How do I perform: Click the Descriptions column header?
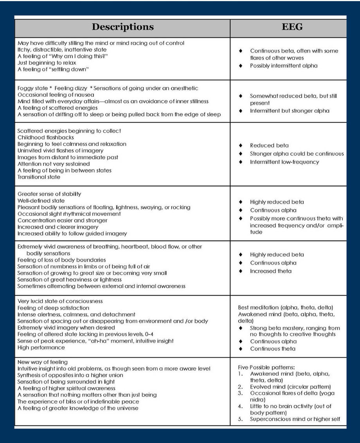coord(122,27)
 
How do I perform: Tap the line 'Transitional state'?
coord(39,177)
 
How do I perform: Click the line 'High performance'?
coord(41,348)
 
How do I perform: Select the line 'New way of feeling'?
coord(43,362)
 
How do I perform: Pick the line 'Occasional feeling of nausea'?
coord(56,95)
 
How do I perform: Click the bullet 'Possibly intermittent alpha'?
coord(284,65)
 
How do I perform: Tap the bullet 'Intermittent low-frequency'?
coord(284,162)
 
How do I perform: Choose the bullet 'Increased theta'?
coord(271,271)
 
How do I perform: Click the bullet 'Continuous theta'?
coord(273,349)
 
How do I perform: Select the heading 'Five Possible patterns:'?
coord(266,367)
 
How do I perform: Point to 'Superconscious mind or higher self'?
coord(295,419)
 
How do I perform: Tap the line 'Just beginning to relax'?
coord(47,63)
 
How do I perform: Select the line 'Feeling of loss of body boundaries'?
coord(62,260)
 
